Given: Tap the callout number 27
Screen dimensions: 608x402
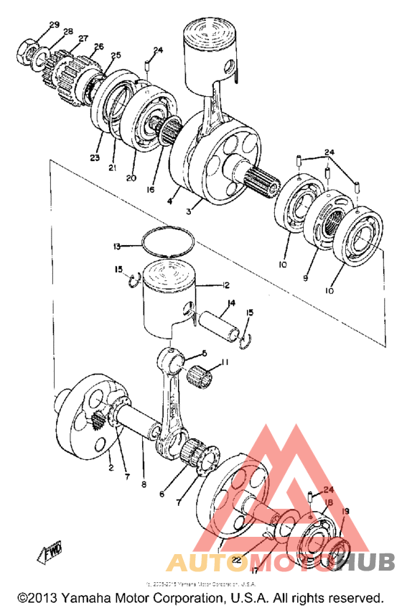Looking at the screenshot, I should (83, 38).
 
